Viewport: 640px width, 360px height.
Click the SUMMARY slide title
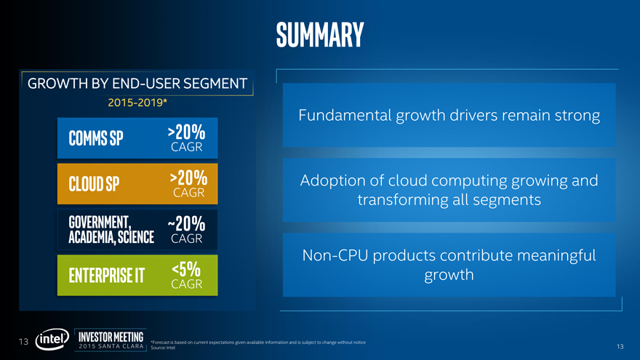(x=319, y=33)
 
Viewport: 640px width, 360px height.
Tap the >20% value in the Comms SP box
(x=186, y=133)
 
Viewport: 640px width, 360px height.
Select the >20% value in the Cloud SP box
(x=188, y=178)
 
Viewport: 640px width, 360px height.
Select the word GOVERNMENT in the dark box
(x=99, y=221)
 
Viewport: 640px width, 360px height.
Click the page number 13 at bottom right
(x=620, y=346)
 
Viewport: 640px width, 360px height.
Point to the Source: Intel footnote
(x=162, y=348)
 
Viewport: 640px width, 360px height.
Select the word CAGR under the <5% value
(x=186, y=284)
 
